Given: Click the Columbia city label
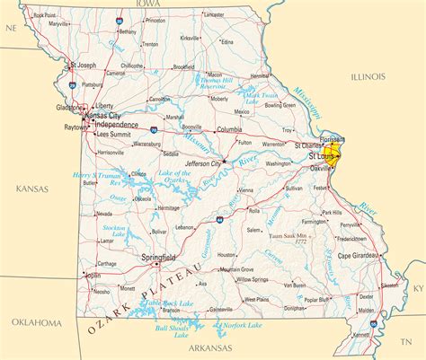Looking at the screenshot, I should click(229, 129).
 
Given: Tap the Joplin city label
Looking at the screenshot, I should click(93, 275).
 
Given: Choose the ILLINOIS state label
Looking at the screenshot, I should click(367, 77).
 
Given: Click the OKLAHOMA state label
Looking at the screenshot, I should click(35, 321).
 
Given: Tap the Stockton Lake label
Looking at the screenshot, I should click(114, 232).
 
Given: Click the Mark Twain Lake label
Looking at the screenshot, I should click(262, 97).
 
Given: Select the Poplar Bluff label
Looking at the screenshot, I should click(315, 300).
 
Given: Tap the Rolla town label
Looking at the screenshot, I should click(254, 212).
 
